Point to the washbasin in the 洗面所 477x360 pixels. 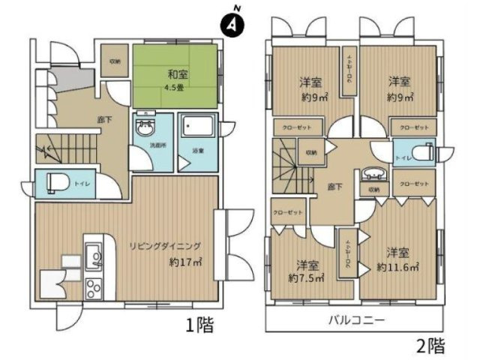click(x=145, y=128)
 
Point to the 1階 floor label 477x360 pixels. click(x=199, y=325)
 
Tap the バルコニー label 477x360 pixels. click(x=356, y=320)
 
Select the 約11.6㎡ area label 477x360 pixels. click(x=398, y=267)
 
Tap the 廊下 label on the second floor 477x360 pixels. click(x=334, y=187)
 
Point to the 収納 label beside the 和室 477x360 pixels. click(x=115, y=61)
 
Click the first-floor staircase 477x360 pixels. click(x=64, y=151)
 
